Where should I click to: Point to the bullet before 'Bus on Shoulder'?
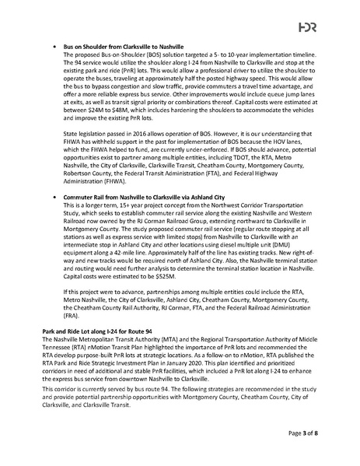pos(53,47)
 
